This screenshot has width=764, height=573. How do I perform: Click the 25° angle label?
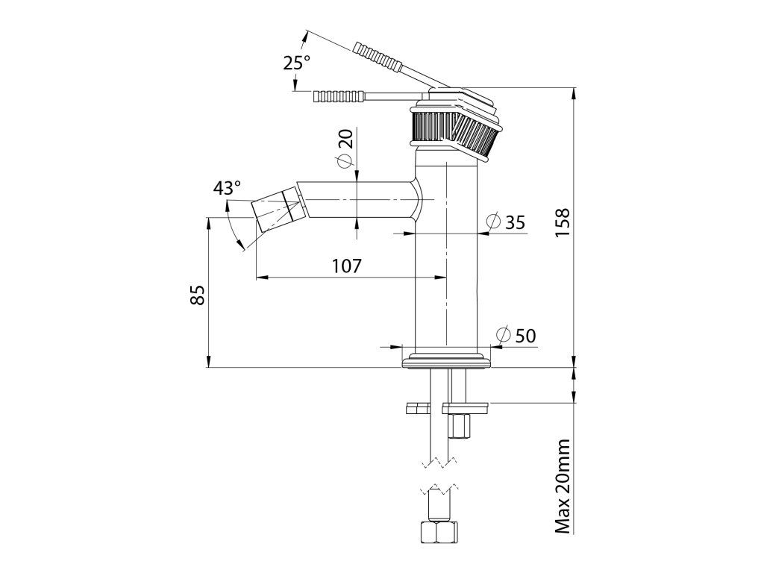pyautogui.click(x=296, y=63)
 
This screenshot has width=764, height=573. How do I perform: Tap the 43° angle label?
pyautogui.click(x=227, y=188)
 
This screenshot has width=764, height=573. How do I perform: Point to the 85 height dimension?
pyautogui.click(x=198, y=295)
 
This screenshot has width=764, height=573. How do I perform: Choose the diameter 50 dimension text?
pyautogui.click(x=516, y=336)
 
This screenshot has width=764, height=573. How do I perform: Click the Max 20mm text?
pyautogui.click(x=563, y=486)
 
